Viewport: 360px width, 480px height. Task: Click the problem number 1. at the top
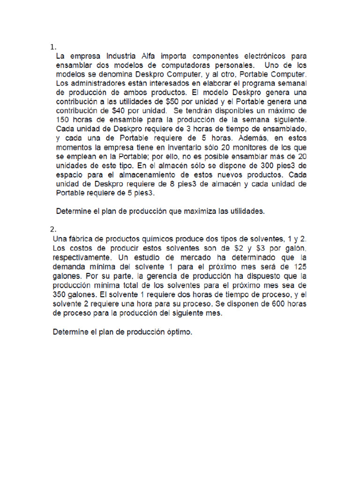[x=53, y=47]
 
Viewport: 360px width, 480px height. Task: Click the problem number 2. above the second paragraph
[x=53, y=229]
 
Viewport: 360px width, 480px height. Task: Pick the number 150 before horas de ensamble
[x=62, y=120]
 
